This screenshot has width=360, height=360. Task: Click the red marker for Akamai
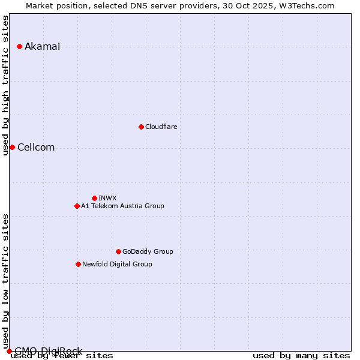pyautogui.click(x=19, y=46)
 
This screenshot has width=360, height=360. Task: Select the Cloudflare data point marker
pyautogui.click(x=141, y=127)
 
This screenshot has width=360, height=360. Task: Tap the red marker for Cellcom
pyautogui.click(x=12, y=147)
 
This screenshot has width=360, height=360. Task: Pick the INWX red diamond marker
pyautogui.click(x=94, y=198)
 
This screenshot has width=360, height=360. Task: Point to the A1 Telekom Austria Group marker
pyautogui.click(x=77, y=206)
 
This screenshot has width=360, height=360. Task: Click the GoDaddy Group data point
pyautogui.click(x=118, y=251)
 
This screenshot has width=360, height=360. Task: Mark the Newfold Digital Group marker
pyautogui.click(x=78, y=264)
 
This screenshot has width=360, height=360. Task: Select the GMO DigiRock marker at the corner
pyautogui.click(x=9, y=351)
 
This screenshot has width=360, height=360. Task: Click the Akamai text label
pyautogui.click(x=42, y=47)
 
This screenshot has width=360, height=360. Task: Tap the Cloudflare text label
pyautogui.click(x=161, y=127)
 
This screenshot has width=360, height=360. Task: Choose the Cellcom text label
pyautogui.click(x=36, y=148)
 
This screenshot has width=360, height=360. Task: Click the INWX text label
pyautogui.click(x=107, y=198)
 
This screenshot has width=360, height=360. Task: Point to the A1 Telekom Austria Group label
pyautogui.click(x=122, y=206)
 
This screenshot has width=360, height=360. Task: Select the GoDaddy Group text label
pyautogui.click(x=148, y=251)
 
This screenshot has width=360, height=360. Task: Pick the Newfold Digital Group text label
pyautogui.click(x=117, y=264)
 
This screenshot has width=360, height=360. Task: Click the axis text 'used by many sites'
pyautogui.click(x=301, y=355)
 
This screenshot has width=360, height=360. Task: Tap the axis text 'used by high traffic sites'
pyautogui.click(x=5, y=85)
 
